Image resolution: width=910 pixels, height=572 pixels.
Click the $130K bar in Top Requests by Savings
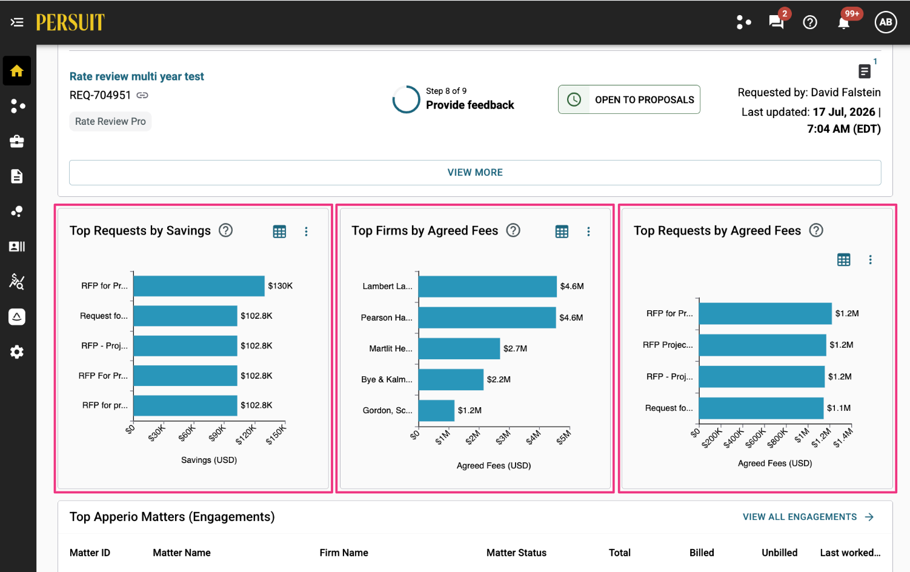(x=199, y=286)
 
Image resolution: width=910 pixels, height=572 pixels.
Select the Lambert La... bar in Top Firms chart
(x=488, y=287)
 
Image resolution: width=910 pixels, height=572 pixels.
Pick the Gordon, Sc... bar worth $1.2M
(x=436, y=410)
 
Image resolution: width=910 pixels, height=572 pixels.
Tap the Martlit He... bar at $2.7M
(x=459, y=348)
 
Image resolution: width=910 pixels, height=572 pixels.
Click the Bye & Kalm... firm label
(x=387, y=379)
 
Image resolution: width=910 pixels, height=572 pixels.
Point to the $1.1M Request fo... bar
(x=762, y=408)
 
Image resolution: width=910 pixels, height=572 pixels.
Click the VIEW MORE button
(x=475, y=172)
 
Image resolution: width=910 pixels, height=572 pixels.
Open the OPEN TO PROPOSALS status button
(x=629, y=99)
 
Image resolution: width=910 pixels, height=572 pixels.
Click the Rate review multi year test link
(x=136, y=76)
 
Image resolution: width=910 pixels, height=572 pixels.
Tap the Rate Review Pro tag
(x=110, y=121)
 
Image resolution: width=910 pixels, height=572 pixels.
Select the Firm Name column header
(x=344, y=553)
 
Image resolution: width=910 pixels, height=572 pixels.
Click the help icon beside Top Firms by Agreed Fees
(x=513, y=230)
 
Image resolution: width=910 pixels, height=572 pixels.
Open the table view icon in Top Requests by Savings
(x=279, y=231)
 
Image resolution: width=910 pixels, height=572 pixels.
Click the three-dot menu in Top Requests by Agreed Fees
(x=870, y=259)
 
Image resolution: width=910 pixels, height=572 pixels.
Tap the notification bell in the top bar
(x=844, y=23)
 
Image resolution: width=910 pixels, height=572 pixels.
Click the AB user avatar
(x=886, y=22)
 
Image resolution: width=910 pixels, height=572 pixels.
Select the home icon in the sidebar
(x=16, y=71)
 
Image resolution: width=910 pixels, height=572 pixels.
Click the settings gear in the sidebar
(x=16, y=352)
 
